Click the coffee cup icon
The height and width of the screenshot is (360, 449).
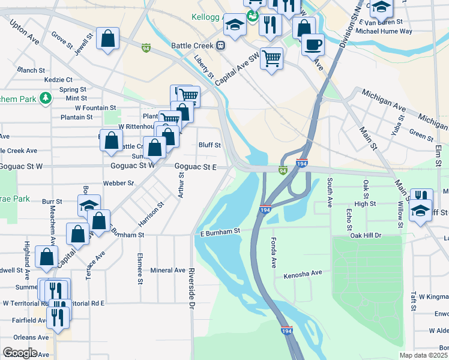(312, 44)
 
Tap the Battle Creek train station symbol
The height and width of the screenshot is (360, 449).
(221, 45)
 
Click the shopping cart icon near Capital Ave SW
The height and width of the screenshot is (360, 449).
(271, 59)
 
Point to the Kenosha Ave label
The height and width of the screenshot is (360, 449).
(303, 273)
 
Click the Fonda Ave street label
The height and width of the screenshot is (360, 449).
(273, 253)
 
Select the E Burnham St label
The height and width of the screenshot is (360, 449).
(220, 230)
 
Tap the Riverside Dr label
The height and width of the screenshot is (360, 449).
(192, 288)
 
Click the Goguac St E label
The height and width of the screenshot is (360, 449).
(195, 166)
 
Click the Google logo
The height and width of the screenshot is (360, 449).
(20, 352)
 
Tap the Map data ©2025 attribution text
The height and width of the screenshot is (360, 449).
(424, 355)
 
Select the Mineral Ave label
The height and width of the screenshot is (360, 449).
(168, 270)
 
